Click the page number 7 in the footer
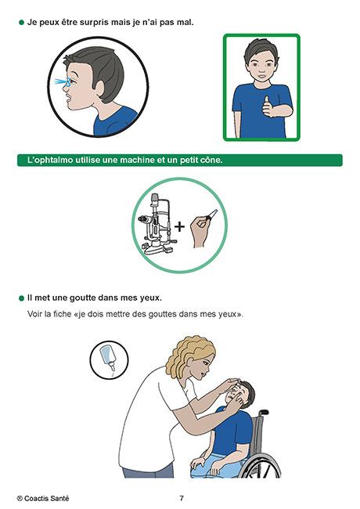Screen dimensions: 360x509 182,498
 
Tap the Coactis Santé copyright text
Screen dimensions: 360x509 43,498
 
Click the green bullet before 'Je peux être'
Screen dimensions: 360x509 21,23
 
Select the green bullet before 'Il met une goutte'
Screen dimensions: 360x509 21,298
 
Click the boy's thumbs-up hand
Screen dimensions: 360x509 268,106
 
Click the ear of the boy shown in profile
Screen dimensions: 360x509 98,89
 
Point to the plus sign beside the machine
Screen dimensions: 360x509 179,226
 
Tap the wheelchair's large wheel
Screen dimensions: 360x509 261,465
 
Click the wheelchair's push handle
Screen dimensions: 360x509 264,412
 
